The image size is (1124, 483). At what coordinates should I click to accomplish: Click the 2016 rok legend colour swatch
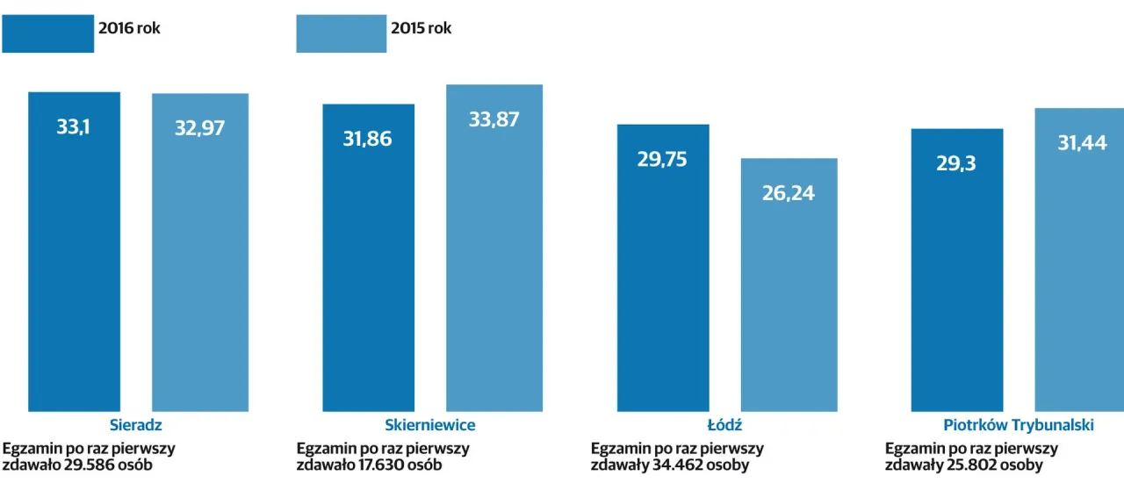(47, 33)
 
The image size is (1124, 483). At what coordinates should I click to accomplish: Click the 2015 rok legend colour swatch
(341, 33)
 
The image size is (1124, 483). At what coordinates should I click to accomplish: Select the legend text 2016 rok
(128, 28)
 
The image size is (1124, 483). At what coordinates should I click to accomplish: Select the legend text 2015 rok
(421, 28)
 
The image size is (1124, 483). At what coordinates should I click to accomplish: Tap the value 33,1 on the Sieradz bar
(74, 126)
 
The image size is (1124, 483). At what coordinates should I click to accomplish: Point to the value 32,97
(200, 128)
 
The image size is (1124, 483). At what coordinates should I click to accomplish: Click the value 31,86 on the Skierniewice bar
(368, 139)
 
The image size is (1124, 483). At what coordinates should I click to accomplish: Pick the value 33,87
(494, 120)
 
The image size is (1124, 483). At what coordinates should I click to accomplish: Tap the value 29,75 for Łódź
(662, 159)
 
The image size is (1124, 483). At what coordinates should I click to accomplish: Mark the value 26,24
(789, 193)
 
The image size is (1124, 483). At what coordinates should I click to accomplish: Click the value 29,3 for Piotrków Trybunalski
(956, 163)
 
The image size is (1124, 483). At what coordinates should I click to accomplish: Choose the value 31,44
(1082, 143)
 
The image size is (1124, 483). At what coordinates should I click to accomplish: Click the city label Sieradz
(136, 425)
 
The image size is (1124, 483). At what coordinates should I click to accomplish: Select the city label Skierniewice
(430, 425)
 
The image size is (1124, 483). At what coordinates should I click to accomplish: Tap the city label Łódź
(724, 425)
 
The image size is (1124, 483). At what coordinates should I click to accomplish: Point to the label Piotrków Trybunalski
(1019, 425)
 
